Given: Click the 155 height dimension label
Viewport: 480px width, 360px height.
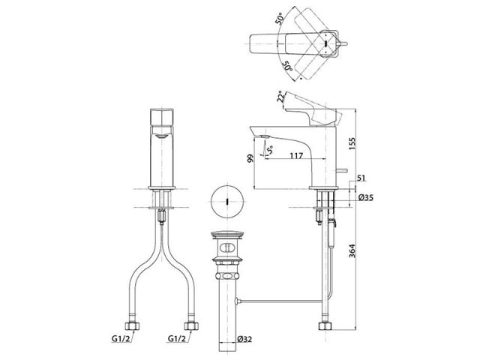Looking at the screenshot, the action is tap(352, 144).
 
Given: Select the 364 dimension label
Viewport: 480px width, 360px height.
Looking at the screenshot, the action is tap(352, 250).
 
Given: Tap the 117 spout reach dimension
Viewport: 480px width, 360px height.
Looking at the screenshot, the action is tap(296, 155).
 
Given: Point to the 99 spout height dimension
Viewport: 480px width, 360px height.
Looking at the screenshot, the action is tap(250, 158).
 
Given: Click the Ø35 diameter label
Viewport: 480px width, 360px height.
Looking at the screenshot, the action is tap(366, 197).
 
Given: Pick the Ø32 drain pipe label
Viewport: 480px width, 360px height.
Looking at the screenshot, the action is tap(244, 339).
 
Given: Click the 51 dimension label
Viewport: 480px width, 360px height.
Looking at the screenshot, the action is tap(361, 178).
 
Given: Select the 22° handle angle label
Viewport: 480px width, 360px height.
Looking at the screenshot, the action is tap(280, 97).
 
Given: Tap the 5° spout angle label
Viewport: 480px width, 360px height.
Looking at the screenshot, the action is tap(270, 150).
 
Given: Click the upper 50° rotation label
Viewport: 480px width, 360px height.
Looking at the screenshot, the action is tap(280, 19).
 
